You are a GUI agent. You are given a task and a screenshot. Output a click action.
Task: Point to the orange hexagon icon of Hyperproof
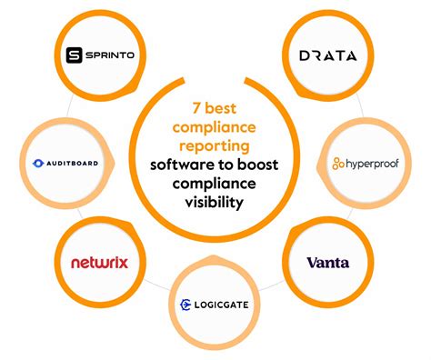point(338,164)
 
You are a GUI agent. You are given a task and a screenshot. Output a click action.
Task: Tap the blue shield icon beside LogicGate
point(185,305)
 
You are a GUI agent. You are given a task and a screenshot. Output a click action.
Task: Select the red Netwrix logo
point(99,263)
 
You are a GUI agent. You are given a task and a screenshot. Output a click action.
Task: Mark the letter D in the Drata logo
point(305,55)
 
